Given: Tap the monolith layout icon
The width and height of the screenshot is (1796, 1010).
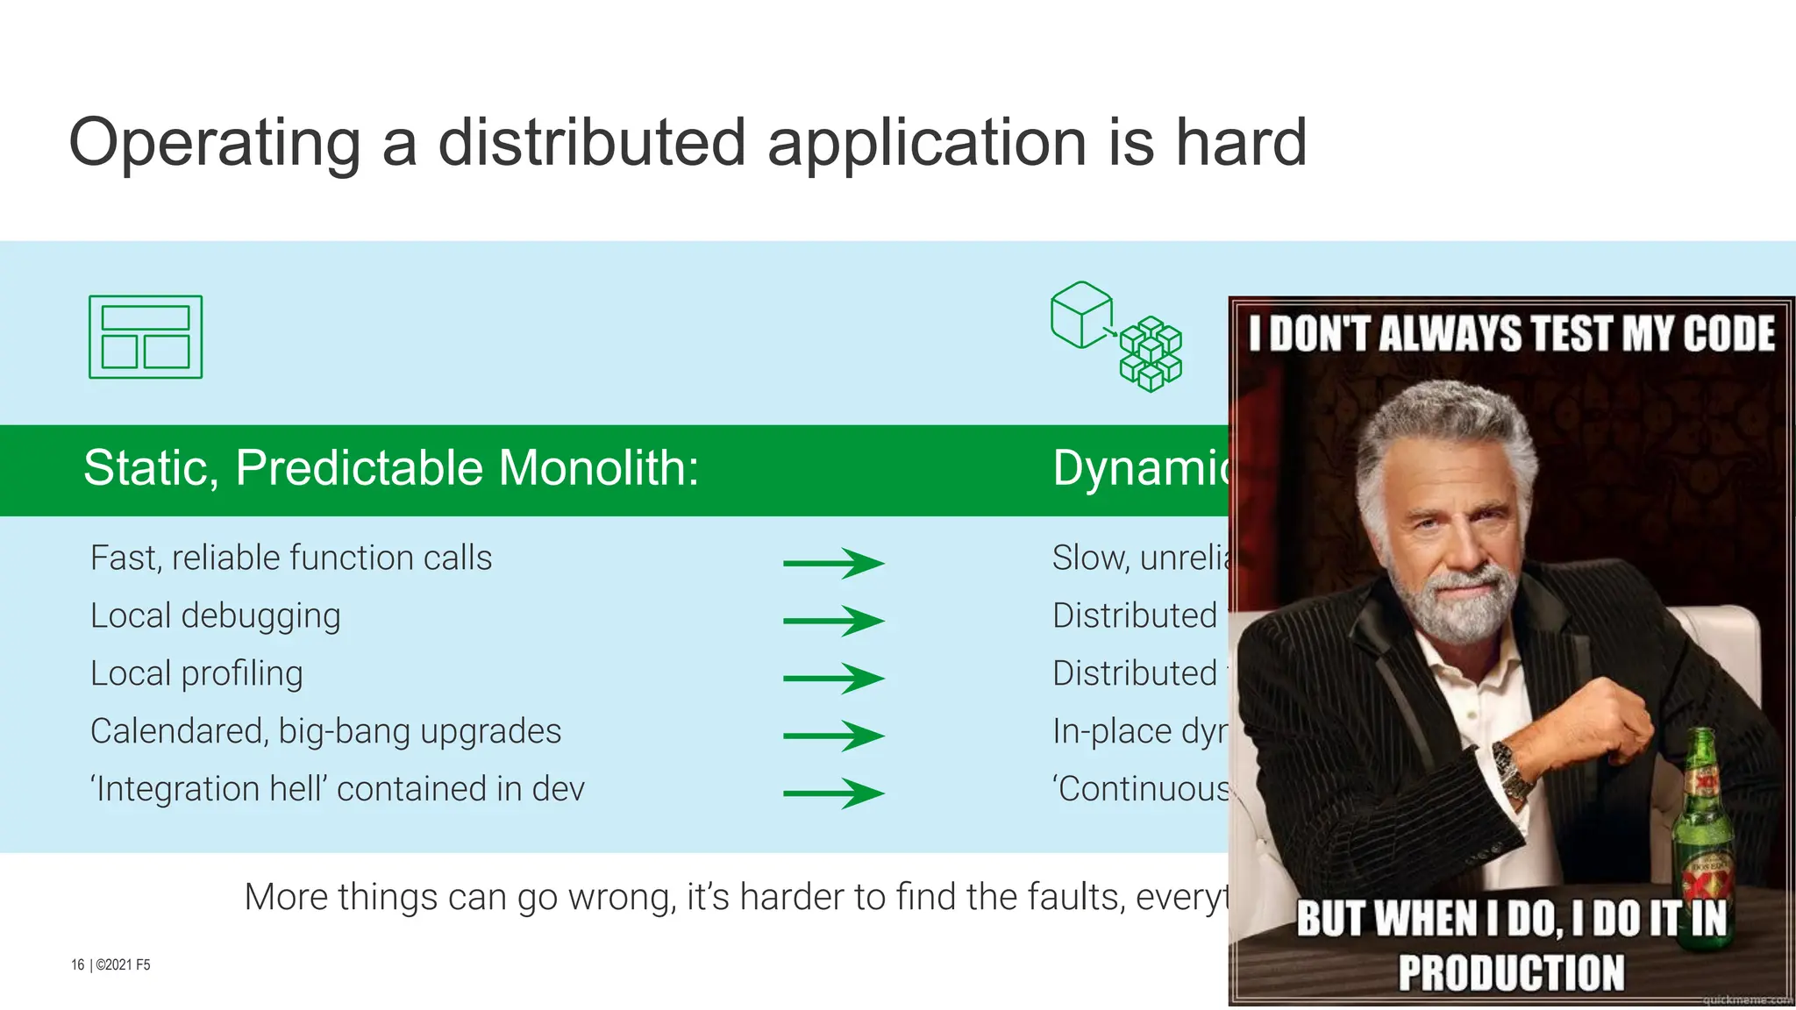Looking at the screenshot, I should coord(146,338).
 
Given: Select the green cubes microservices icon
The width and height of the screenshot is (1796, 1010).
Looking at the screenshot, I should coord(1116,337).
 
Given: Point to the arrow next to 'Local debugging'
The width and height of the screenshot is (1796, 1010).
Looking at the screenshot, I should coord(833,621).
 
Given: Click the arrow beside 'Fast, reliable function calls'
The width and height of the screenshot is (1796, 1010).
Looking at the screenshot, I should coord(833,563).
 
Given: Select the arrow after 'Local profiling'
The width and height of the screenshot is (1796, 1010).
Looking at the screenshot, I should coord(833,679).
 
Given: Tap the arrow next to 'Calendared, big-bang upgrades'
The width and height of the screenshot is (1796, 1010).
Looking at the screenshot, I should coord(833,736).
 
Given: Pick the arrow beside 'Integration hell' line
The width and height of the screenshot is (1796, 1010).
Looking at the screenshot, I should coord(833,793).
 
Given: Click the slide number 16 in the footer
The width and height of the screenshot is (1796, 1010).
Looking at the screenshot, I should coord(77,964).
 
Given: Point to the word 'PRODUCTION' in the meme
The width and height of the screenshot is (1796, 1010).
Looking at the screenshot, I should coord(1511,972).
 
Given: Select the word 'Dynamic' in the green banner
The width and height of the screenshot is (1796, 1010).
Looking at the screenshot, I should coord(1140,468).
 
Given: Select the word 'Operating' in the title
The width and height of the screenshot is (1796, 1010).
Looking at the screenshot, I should coord(215,142).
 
